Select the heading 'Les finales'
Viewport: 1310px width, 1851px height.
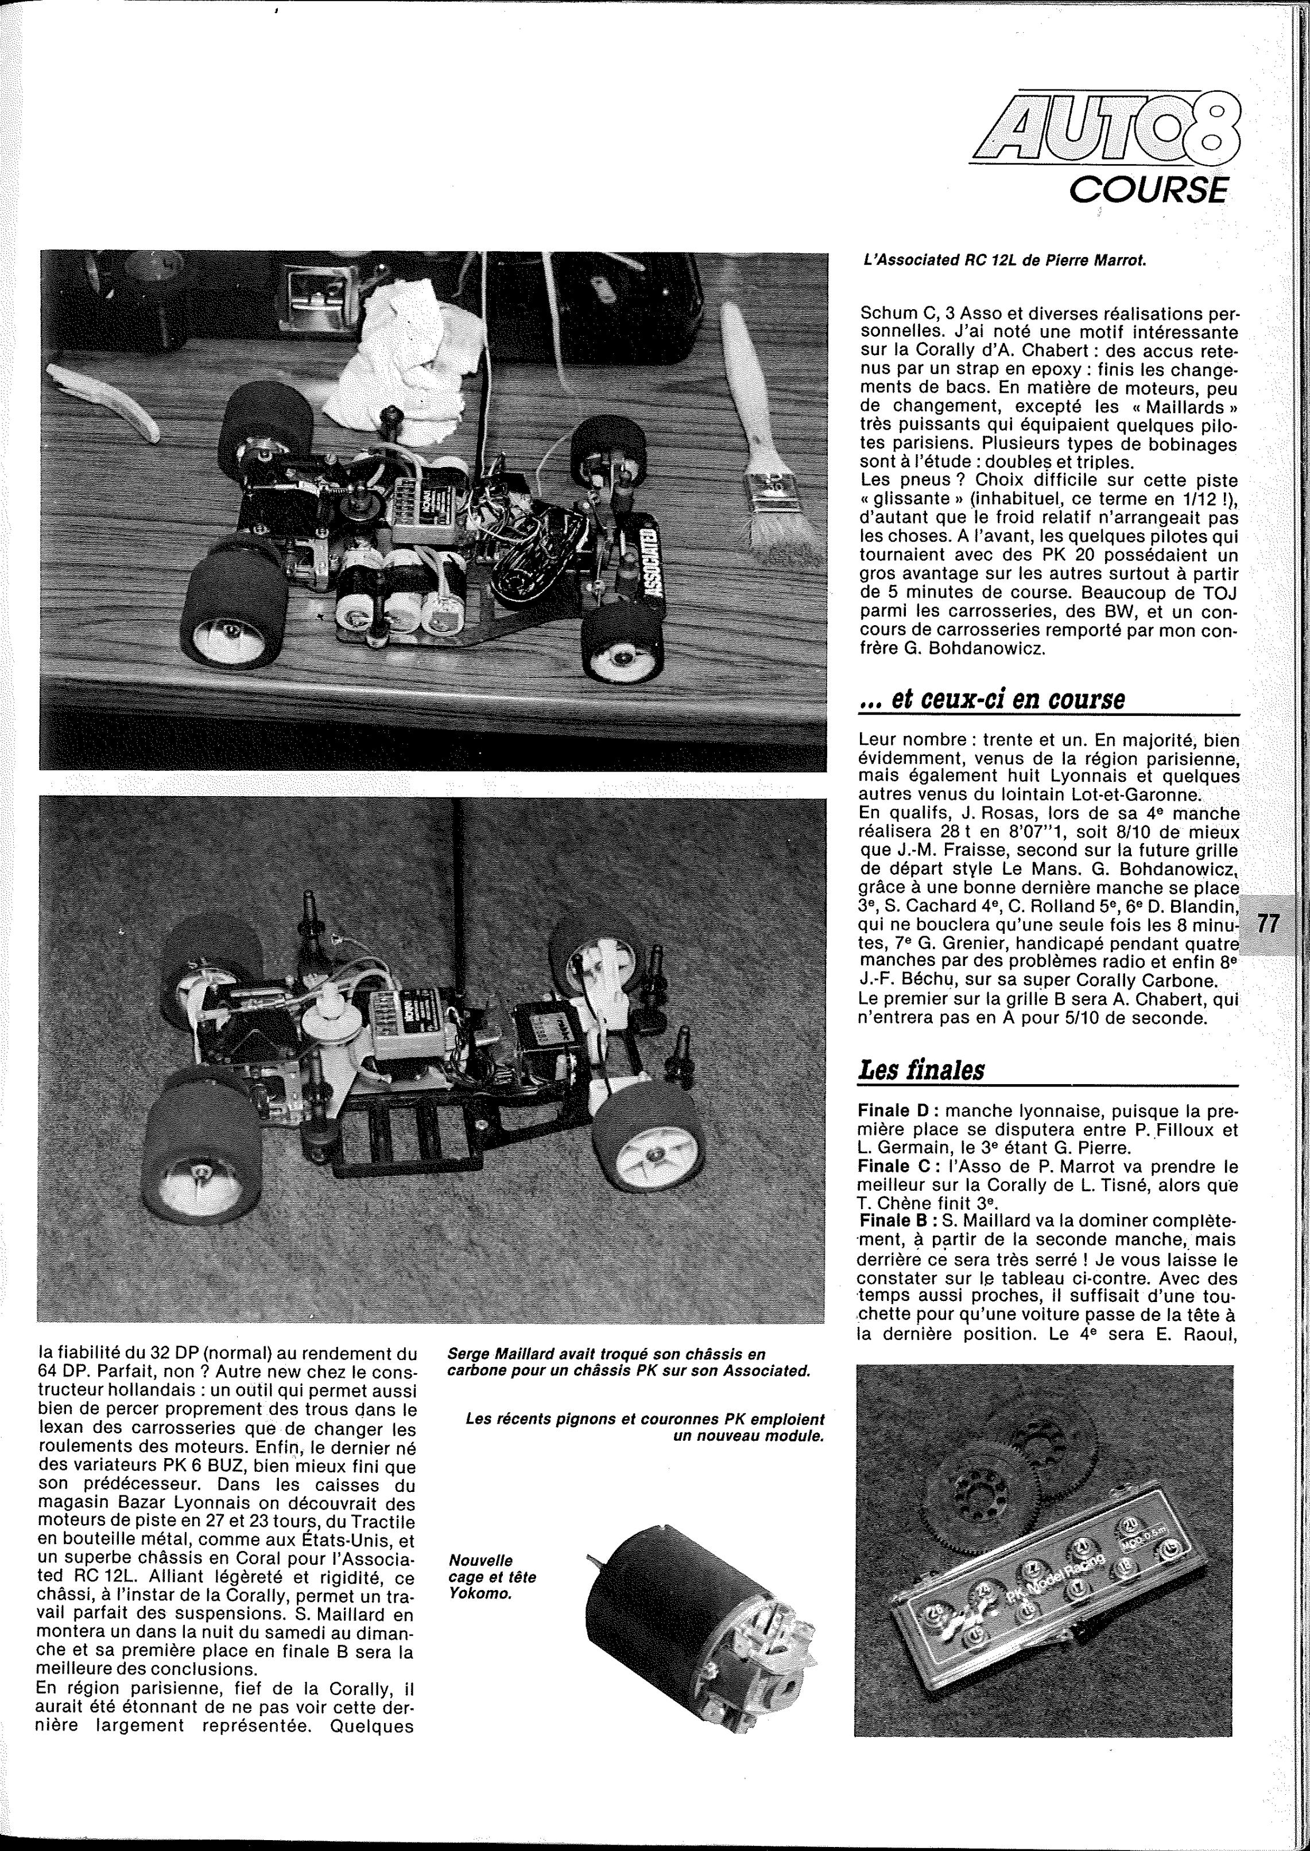click(x=921, y=1070)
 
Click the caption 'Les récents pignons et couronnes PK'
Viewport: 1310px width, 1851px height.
click(x=645, y=1428)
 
